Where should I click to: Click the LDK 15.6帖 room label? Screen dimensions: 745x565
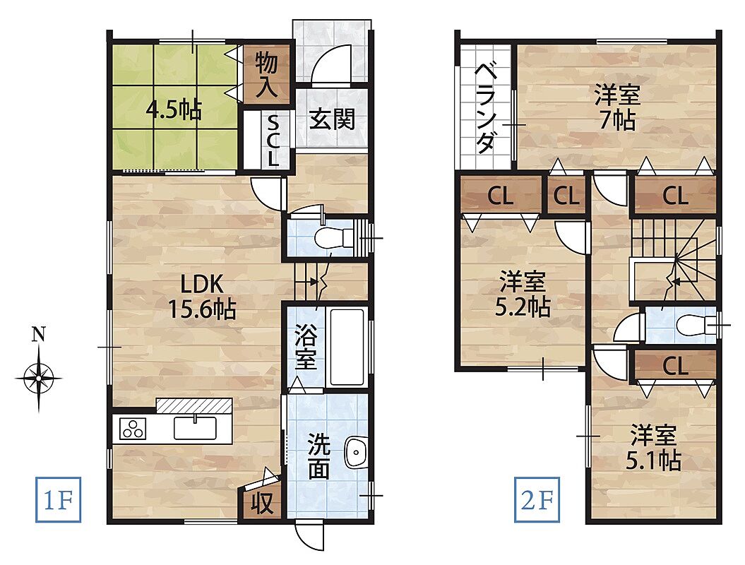[x=202, y=297]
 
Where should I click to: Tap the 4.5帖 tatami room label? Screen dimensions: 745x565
[x=174, y=110]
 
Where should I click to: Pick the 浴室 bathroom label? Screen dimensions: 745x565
[x=306, y=347]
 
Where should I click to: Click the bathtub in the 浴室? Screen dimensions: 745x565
[x=347, y=347]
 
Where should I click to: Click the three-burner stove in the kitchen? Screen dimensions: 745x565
[x=133, y=429]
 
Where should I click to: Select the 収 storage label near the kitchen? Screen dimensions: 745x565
[x=262, y=503]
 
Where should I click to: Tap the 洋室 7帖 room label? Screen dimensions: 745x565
[x=617, y=107]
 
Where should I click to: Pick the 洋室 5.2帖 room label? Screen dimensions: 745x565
[x=523, y=295]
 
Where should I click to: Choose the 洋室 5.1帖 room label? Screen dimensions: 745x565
[x=653, y=448]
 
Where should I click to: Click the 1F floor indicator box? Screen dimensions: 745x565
[x=58, y=499]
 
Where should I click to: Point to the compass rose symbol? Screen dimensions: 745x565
[x=38, y=379]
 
